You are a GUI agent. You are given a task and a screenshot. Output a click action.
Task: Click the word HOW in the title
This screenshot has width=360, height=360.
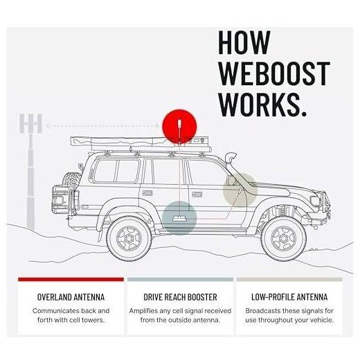click(244, 42)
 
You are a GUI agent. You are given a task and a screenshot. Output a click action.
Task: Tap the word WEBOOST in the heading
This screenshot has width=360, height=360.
click(274, 74)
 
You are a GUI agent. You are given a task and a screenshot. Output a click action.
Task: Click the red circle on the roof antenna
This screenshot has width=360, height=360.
click(179, 126)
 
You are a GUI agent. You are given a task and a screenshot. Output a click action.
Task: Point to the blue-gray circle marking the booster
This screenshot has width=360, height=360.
click(179, 218)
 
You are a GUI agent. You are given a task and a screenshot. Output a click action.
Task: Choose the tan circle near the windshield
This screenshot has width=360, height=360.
click(240, 190)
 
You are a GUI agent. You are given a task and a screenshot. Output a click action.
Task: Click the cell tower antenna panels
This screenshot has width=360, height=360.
click(30, 123)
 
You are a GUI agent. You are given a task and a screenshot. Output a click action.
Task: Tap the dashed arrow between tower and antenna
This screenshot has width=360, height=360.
click(102, 126)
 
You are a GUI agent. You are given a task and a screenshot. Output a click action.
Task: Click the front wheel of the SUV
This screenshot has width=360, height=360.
click(284, 238)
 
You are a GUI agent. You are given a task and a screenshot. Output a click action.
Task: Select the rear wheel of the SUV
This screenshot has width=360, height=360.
click(129, 238)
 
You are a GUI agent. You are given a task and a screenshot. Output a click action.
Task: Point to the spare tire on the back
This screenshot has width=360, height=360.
click(72, 182)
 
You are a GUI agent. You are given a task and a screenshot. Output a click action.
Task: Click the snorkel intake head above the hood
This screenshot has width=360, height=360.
click(231, 158)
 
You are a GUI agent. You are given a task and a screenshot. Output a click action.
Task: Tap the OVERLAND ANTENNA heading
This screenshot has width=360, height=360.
click(71, 297)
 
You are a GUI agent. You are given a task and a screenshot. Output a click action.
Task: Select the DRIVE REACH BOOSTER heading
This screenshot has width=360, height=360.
click(180, 297)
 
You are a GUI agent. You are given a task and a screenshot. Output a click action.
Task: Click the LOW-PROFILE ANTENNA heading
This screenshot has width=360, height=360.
click(289, 297)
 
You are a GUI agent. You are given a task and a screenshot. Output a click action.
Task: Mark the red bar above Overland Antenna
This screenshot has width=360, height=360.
click(71, 280)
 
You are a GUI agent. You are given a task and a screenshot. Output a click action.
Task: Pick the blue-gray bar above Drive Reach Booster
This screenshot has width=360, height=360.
click(180, 280)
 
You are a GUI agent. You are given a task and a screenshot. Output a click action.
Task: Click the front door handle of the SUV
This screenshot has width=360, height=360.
click(197, 195)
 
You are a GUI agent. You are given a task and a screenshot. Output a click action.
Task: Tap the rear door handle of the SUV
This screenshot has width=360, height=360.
click(147, 193)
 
